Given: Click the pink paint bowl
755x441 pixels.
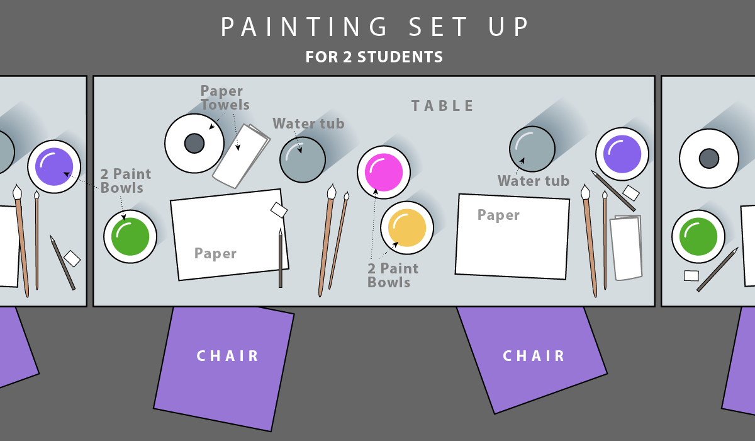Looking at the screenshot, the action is coord(384,172).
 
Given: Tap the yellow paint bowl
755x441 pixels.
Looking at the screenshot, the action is coord(407,228).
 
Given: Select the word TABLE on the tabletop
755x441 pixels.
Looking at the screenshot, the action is coord(442,106).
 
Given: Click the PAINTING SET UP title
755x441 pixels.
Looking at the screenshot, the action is coord(375,26).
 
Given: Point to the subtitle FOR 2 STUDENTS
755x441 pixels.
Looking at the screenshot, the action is coord(374,57).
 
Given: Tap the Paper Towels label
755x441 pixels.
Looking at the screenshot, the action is coord(225,98).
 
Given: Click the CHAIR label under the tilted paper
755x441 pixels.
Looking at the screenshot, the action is coord(228,356).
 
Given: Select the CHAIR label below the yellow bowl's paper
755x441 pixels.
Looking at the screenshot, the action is coord(534,356).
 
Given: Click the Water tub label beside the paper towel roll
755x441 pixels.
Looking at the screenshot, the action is coord(308,123).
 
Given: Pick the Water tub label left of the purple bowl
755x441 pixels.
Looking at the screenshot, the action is coord(534,181).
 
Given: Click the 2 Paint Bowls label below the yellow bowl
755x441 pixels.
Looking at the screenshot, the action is coord(393,275).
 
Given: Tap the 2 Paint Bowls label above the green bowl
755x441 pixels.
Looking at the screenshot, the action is coord(126,181).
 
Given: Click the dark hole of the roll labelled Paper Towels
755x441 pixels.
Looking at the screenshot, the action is coord(194,144).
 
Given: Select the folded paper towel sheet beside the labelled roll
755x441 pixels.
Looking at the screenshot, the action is coord(241,156).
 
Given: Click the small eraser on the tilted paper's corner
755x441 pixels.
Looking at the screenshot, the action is coord(279,210).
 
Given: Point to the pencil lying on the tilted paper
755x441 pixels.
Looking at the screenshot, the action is coord(281,258).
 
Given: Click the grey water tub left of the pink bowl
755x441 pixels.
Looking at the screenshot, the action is coord(303,159).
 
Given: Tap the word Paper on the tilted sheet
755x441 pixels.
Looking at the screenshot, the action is coord(215,253).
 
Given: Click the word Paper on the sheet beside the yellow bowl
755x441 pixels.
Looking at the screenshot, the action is coord(498,215).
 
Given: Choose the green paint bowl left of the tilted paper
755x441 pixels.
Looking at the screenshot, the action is coord(130,236).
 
